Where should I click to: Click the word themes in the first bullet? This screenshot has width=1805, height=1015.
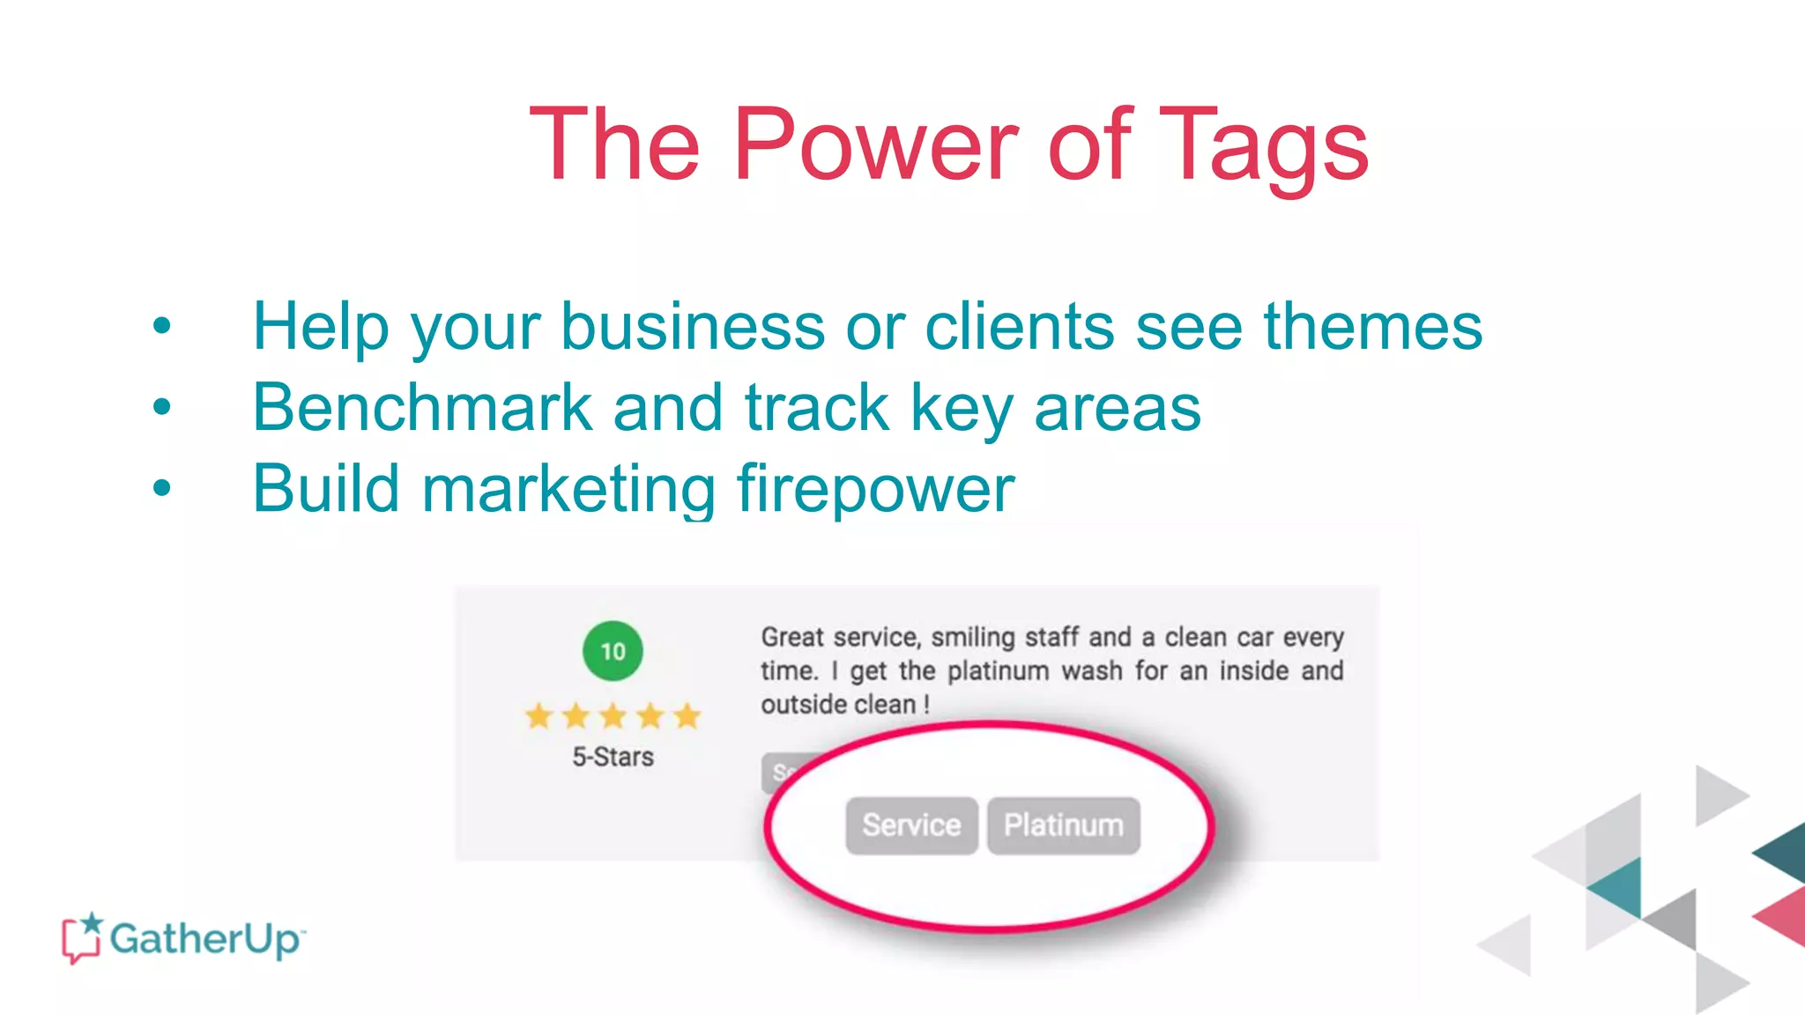tap(1373, 326)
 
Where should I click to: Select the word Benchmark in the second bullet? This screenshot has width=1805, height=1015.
tap(422, 407)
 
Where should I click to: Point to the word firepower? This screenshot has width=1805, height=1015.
tap(875, 488)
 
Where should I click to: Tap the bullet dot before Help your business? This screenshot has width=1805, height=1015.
tap(161, 326)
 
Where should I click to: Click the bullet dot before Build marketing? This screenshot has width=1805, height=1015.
tap(161, 487)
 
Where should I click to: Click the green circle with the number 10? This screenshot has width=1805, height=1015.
tap(613, 651)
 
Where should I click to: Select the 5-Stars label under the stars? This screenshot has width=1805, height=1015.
tap(613, 757)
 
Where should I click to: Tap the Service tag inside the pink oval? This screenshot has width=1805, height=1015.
tap(911, 826)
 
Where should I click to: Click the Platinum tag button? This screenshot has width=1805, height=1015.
tap(1063, 826)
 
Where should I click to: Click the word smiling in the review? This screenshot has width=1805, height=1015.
tap(973, 637)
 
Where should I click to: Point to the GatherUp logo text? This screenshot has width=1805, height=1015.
tap(206, 938)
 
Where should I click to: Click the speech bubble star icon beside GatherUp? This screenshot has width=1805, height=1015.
tap(82, 937)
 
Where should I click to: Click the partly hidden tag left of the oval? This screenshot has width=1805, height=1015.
tap(776, 772)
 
